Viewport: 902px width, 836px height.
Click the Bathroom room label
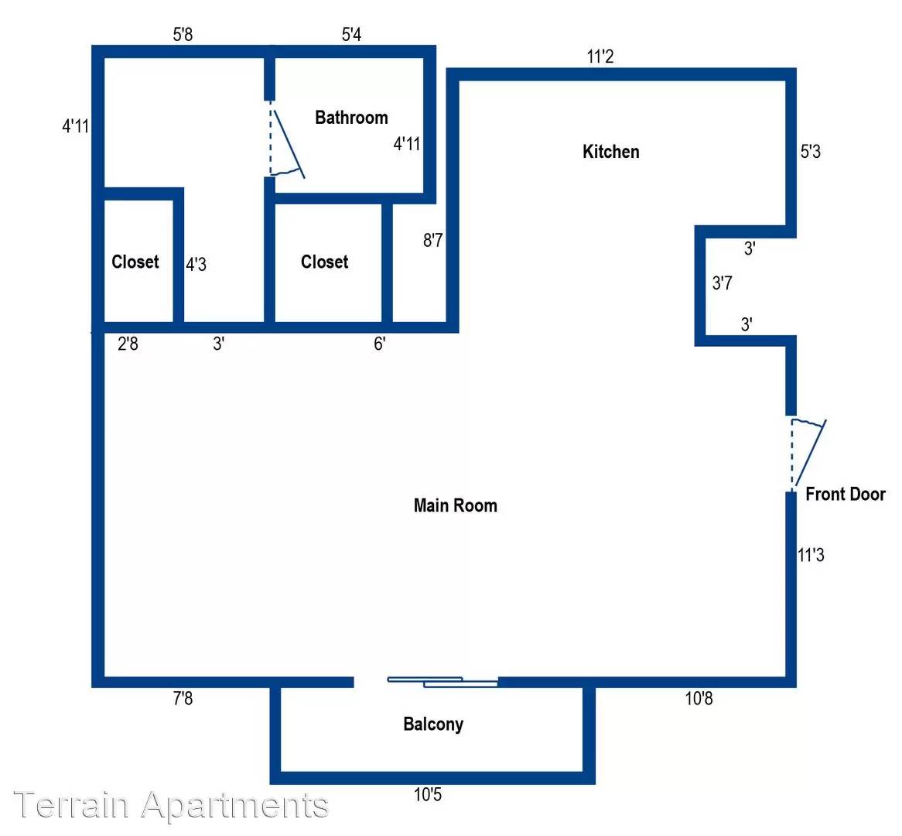pos(351,118)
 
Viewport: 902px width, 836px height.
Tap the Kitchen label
pos(611,152)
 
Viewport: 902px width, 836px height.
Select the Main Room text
pos(456,505)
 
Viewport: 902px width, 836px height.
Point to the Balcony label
pos(433,725)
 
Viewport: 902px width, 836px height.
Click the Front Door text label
pos(846,494)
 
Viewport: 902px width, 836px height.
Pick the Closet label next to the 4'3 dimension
pos(135,262)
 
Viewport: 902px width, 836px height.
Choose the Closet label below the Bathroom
pos(324,262)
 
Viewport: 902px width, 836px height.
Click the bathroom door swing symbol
pos(286,140)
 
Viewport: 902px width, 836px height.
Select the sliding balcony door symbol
pos(442,682)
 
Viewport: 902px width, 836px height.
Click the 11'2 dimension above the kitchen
pos(600,57)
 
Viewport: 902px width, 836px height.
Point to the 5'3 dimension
pos(811,152)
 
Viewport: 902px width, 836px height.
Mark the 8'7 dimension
pos(433,240)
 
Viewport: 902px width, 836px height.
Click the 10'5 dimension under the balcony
pos(428,795)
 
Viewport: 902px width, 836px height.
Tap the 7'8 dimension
pos(183,698)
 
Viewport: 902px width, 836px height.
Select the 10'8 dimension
pos(699,698)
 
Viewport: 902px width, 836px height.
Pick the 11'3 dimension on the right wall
pos(811,555)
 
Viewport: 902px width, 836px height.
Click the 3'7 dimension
pos(723,283)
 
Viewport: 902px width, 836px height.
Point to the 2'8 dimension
pos(128,344)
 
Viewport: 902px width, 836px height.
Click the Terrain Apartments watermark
pos(171,804)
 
